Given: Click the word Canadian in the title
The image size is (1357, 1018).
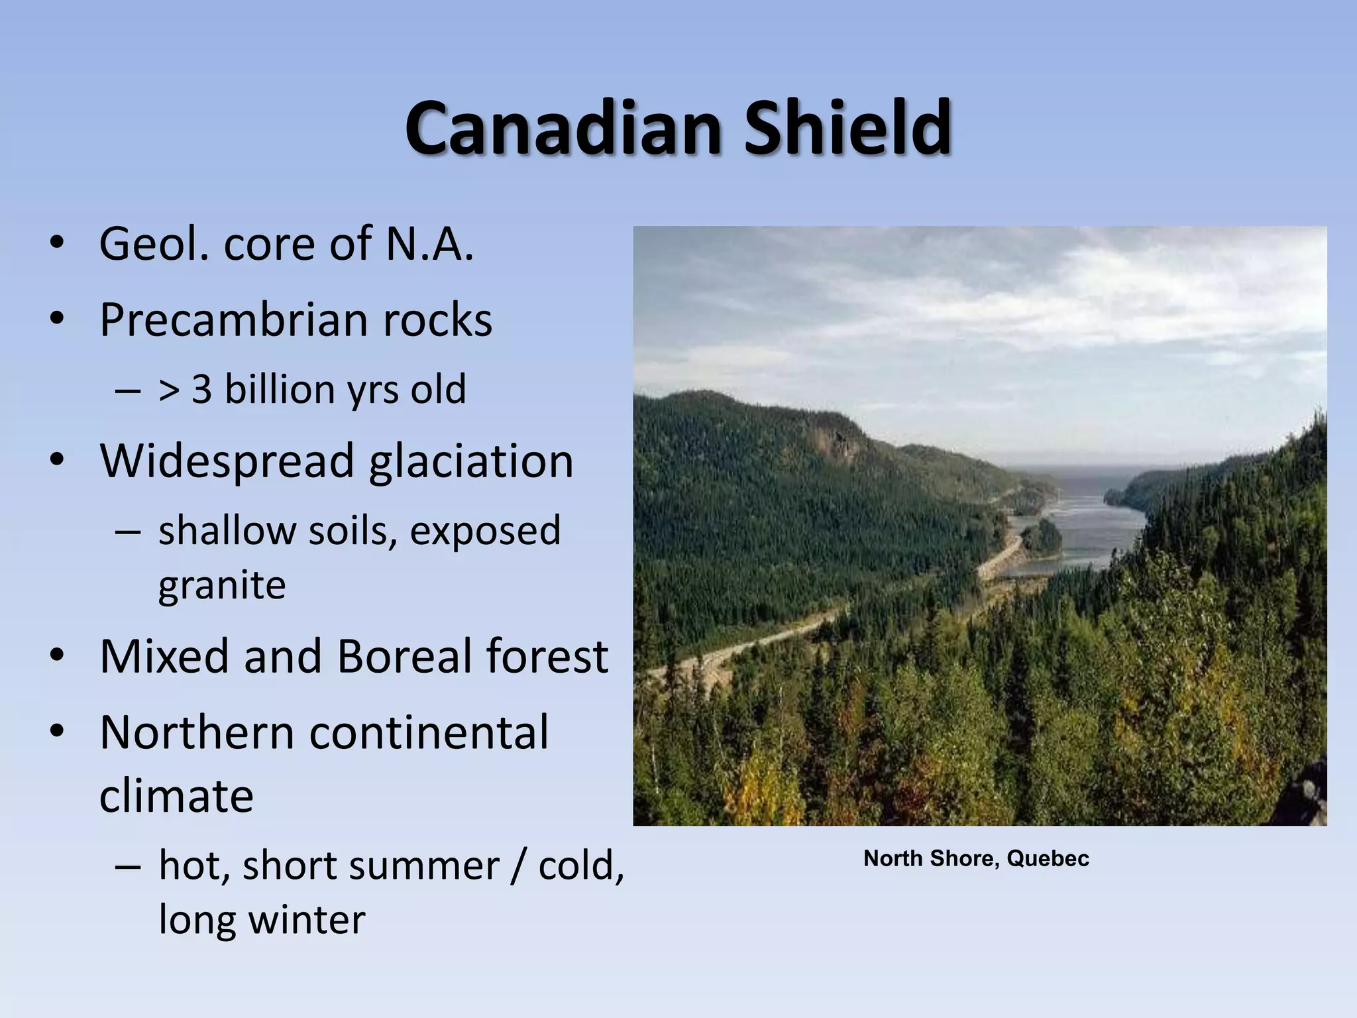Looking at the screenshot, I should point(563,127).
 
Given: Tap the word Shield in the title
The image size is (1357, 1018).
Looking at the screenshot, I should point(847,127).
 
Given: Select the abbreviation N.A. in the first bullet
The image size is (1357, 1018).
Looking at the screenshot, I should point(429,244).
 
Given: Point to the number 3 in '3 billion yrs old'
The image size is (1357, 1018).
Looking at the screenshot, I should point(201,389).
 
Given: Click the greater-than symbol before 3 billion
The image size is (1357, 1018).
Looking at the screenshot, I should point(170,390).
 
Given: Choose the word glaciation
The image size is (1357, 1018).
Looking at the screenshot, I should point(471,461).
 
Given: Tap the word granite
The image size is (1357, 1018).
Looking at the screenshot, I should point(222,586).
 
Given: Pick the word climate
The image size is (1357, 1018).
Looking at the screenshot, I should point(176,796).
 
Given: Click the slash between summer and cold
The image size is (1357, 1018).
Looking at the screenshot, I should point(518,866).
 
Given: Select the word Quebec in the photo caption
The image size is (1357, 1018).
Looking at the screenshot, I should point(1048,858).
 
